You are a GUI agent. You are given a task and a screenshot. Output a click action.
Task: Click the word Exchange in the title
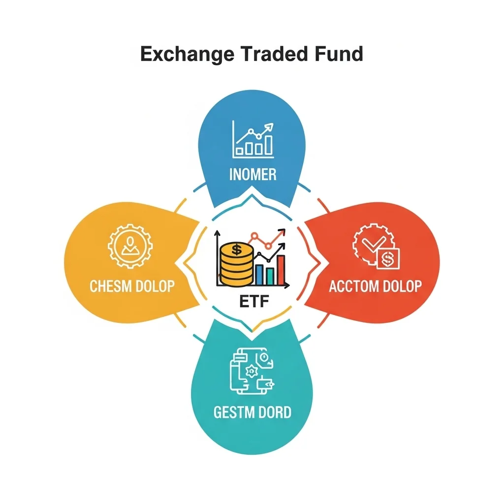click(187, 54)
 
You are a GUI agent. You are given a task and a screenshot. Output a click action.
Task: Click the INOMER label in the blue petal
click(252, 174)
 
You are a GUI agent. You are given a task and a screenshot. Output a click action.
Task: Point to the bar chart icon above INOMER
click(253, 140)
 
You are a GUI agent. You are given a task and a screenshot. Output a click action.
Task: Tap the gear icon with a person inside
click(130, 246)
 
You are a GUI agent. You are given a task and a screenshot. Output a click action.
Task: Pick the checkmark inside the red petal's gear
click(374, 243)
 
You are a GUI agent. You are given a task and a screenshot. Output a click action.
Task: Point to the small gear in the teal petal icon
click(252, 372)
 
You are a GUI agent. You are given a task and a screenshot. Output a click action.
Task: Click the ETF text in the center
click(254, 302)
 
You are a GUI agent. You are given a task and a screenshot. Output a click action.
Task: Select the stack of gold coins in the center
click(237, 264)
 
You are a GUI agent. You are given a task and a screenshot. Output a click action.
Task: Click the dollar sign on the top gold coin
click(237, 249)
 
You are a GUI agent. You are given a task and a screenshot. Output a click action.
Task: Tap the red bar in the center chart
click(281, 270)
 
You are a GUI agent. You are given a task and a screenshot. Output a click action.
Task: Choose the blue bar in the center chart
click(259, 275)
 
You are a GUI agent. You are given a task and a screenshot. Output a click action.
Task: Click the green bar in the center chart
click(270, 277)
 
